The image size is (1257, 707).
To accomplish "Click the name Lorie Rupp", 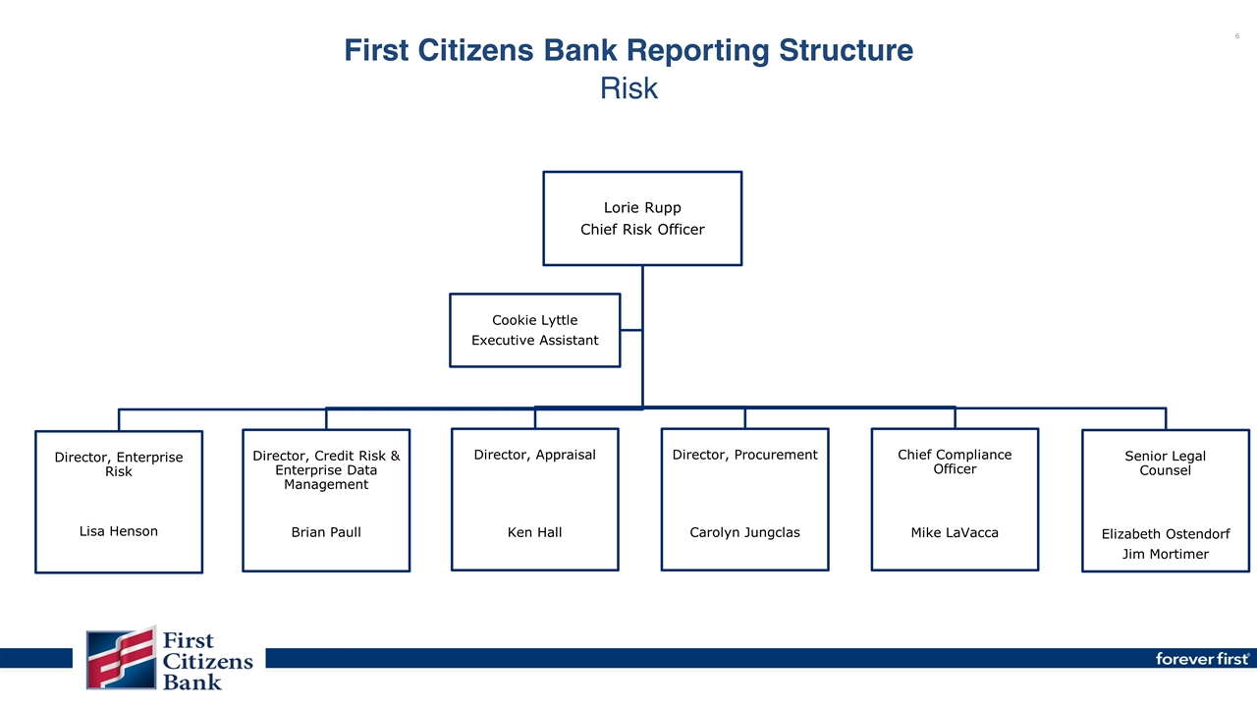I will [642, 208].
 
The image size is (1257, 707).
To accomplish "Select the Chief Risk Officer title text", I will [642, 230].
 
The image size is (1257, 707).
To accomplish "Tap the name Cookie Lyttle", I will [534, 320].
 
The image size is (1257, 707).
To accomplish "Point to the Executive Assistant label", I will [534, 341].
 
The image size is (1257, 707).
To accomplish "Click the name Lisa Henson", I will [118, 531].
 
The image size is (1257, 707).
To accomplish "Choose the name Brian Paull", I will [326, 532].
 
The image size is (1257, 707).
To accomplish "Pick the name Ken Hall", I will [534, 532].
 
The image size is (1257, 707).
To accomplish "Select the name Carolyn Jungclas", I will [744, 532].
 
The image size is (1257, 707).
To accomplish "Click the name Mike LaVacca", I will [955, 532].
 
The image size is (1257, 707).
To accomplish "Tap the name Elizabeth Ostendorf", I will [1165, 534].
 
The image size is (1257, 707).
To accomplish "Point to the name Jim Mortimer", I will [1165, 555].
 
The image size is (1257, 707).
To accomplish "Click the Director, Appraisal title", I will [534, 455].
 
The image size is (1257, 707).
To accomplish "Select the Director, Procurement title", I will [744, 455].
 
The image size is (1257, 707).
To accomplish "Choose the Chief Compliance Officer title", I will [955, 462].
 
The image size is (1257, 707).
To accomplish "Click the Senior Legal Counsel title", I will [1165, 462].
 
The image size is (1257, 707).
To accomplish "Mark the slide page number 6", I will [1236, 36].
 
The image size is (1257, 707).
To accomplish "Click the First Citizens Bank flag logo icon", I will [121, 658].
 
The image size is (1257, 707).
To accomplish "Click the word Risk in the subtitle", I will [628, 89].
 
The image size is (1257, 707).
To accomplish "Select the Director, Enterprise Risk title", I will [118, 464].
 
